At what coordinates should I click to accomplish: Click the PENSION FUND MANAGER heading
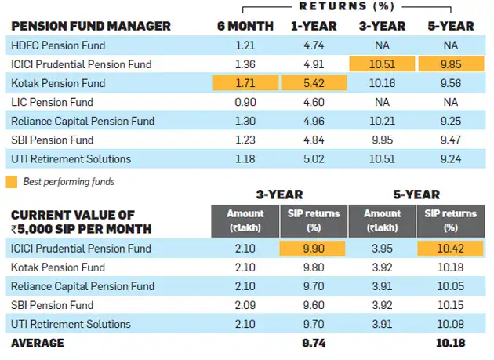point(90,26)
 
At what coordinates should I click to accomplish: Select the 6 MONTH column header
point(245,26)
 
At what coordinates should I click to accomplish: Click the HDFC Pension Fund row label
point(59,45)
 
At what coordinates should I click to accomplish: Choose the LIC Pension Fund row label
point(53,102)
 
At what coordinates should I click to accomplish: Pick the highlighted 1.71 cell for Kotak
point(245,83)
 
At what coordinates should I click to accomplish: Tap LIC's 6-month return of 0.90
point(245,102)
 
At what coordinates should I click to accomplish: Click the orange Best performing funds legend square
point(12,182)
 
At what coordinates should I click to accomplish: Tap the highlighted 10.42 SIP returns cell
point(450,249)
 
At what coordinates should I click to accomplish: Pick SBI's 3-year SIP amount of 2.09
point(245,305)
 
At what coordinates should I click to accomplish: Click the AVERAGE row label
point(37,343)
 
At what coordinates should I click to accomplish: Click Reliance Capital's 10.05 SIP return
point(450,286)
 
